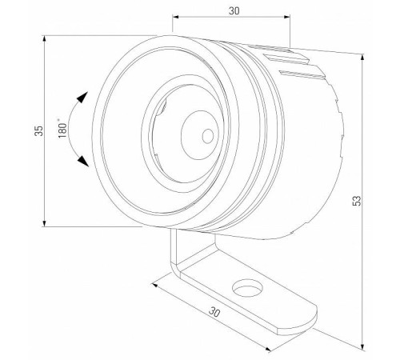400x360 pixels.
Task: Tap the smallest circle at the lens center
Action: pyautogui.click(x=208, y=135)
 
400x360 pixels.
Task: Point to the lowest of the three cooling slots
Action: pyautogui.click(x=306, y=75)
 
